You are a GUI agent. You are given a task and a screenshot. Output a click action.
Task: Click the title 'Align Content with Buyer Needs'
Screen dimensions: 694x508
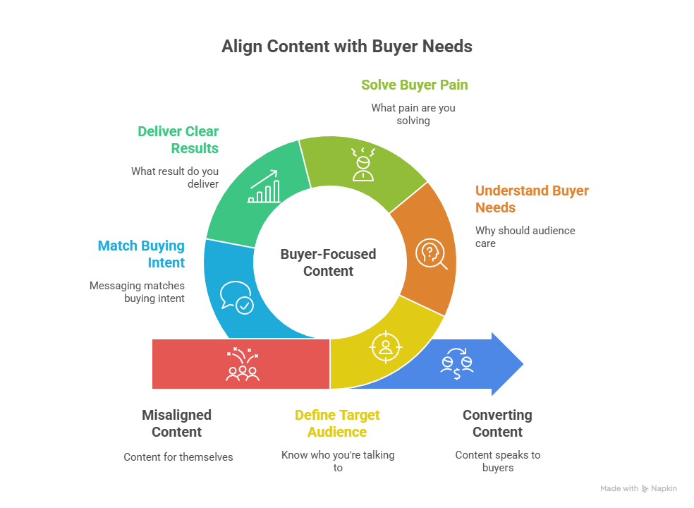point(346,47)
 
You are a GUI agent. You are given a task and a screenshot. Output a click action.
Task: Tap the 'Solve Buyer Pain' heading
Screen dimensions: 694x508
point(414,85)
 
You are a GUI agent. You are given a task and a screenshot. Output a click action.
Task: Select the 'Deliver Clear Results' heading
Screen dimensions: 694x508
point(178,140)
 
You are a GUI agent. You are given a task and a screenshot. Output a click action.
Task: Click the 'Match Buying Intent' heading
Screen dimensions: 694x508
point(141,254)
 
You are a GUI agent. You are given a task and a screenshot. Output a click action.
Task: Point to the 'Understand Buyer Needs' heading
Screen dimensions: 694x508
point(532,199)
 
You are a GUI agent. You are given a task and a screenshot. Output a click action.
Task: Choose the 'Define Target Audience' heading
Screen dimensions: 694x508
point(337,423)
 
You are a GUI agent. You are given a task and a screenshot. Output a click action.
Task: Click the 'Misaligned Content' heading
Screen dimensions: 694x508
point(176,423)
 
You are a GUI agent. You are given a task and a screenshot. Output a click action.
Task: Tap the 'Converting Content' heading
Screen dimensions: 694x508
point(497,423)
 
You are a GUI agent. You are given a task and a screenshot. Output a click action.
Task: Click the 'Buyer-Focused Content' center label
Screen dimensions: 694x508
point(329,262)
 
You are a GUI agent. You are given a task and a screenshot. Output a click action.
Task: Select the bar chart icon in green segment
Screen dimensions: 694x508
point(264,186)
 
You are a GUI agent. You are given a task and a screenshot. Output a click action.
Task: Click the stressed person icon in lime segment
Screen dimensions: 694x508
point(363,164)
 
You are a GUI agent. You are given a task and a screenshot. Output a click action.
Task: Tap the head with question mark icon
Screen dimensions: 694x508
point(431,254)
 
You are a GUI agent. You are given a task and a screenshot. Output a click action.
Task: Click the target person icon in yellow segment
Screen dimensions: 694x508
point(386,347)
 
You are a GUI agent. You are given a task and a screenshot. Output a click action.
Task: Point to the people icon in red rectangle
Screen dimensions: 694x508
point(243,364)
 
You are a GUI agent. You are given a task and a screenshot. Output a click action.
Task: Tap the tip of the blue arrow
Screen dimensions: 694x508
point(523,364)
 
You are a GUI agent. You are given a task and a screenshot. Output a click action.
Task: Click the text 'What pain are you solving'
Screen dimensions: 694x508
point(413,114)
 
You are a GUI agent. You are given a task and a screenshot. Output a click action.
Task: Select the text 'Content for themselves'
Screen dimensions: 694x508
point(178,457)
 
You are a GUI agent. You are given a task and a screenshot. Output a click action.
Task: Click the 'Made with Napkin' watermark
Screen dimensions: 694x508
point(639,488)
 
